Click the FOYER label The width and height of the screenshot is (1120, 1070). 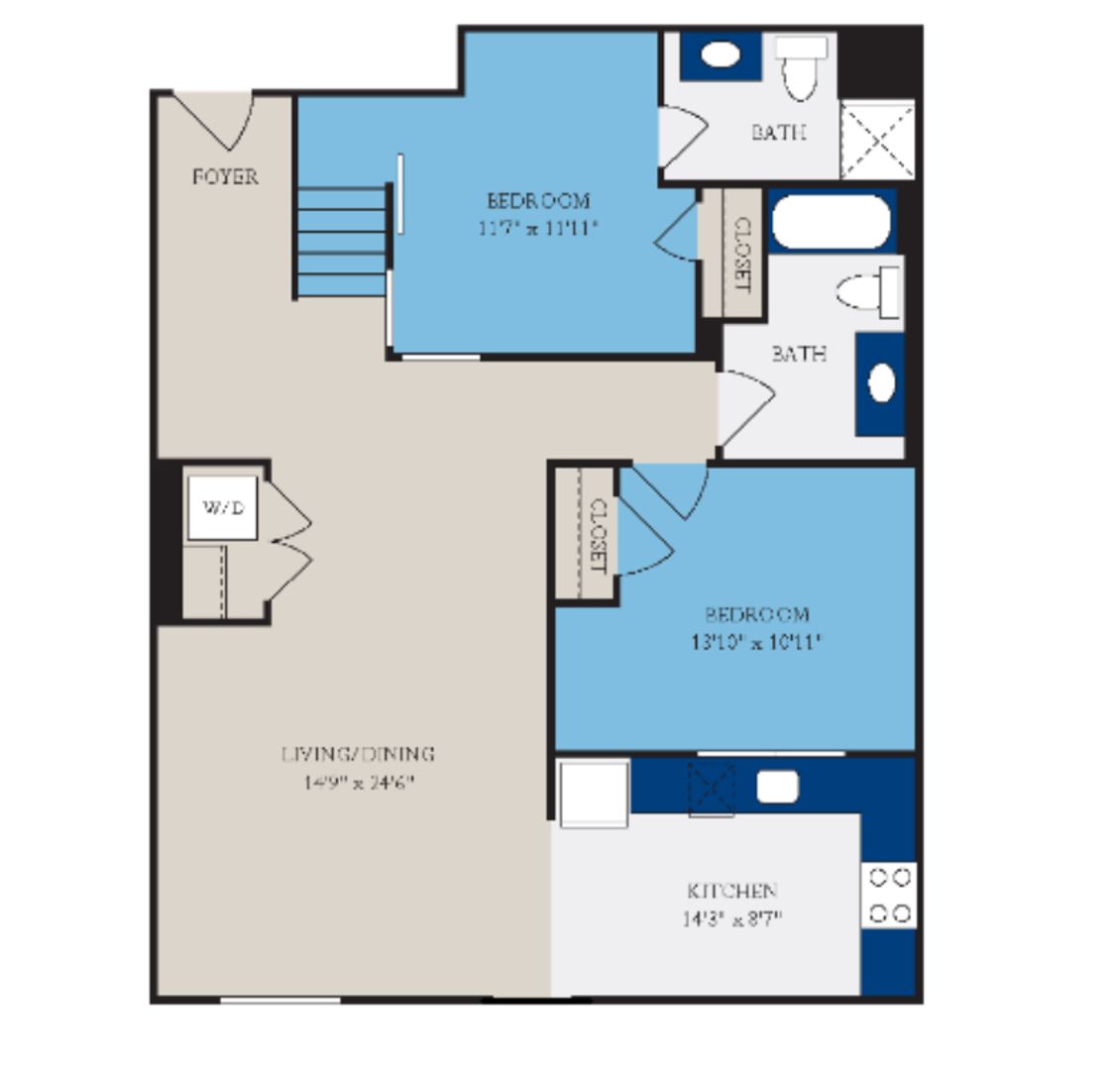coord(225,176)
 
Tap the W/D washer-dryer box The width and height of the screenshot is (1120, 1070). coord(223,508)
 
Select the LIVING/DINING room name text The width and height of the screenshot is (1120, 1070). coord(358,754)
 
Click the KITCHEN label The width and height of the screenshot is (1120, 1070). coord(731,890)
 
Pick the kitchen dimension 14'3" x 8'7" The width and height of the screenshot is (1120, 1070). coord(731,918)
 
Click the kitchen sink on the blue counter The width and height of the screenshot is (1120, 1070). coord(777,787)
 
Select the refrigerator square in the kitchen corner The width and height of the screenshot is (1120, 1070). coord(594,793)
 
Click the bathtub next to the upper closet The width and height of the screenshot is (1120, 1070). coord(831,222)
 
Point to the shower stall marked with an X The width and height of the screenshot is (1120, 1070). coord(877,140)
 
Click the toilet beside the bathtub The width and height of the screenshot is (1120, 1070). coord(869,292)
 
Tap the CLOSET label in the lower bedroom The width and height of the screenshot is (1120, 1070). coord(598,535)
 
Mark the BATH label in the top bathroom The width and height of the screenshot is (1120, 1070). coord(778,132)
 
